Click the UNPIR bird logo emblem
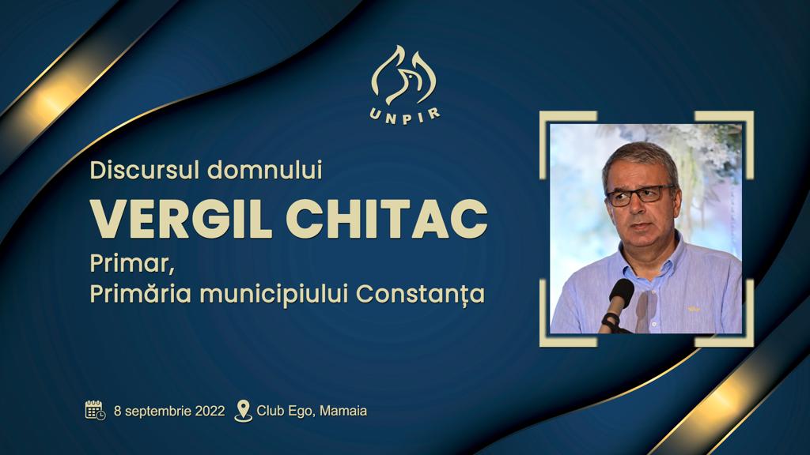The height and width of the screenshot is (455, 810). coord(404,75)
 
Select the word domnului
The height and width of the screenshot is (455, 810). coord(264,171)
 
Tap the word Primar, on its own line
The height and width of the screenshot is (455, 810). coord(131,264)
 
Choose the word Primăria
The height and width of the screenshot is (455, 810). coord(141,294)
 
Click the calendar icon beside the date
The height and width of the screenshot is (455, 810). coord(96,411)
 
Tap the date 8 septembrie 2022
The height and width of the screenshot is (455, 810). coord(169,411)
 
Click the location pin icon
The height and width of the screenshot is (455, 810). coord(244,411)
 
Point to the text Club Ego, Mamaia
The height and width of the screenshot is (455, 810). coord(312,411)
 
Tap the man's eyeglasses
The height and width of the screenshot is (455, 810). coord(641,195)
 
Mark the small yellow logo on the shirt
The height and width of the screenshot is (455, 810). coord(693,310)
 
